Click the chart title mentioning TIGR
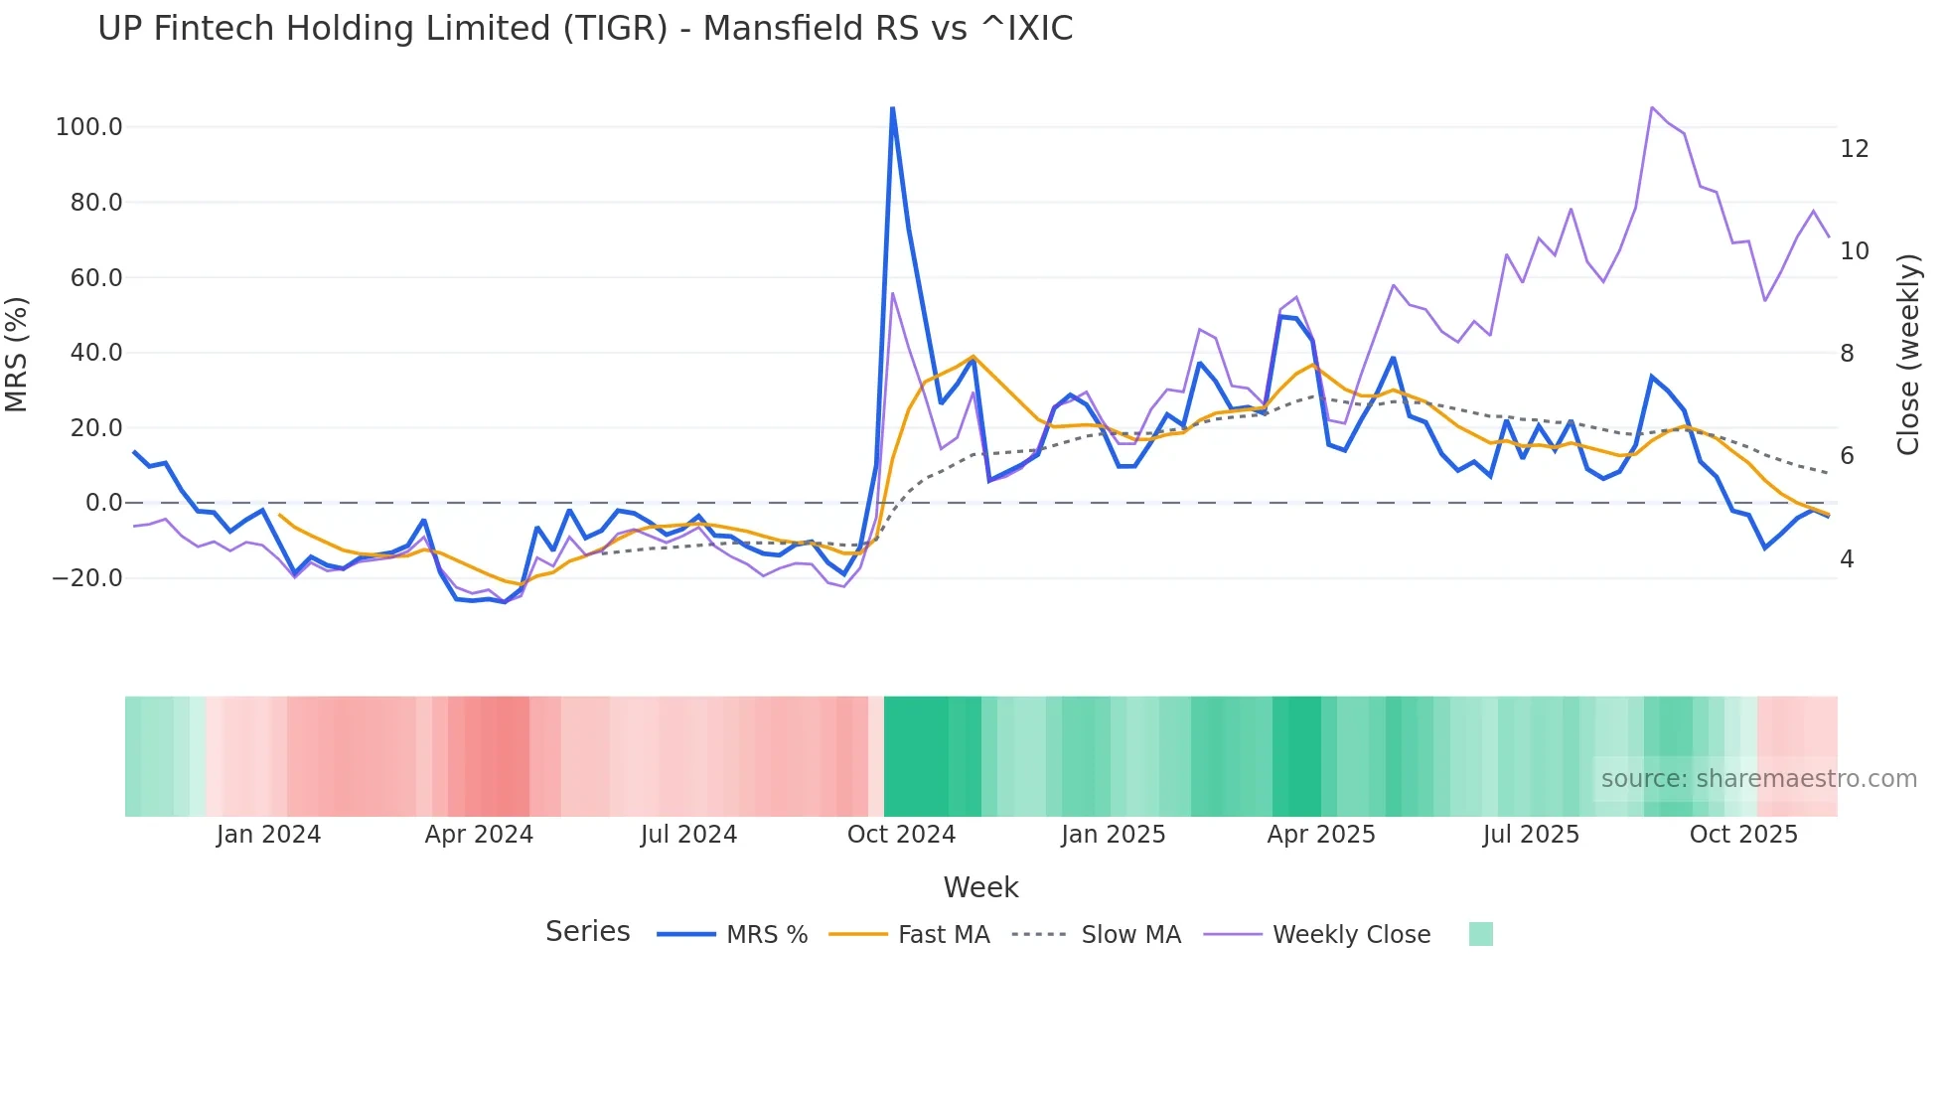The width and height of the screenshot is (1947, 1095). pyautogui.click(x=585, y=29)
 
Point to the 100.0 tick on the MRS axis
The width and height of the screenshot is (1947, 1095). pyautogui.click(x=89, y=127)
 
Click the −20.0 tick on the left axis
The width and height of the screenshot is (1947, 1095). pyautogui.click(x=87, y=578)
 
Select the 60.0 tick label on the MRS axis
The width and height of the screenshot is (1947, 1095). pyautogui.click(x=96, y=278)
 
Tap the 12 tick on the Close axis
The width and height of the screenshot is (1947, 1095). pyautogui.click(x=1854, y=149)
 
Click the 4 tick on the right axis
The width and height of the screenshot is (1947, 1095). pyautogui.click(x=1847, y=559)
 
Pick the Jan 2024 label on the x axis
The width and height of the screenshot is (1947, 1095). pyautogui.click(x=268, y=835)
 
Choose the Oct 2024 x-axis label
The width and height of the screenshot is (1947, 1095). pyautogui.click(x=901, y=835)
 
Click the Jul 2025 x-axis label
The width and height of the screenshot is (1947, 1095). pyautogui.click(x=1531, y=835)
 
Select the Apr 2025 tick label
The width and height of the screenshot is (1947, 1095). pyautogui.click(x=1321, y=835)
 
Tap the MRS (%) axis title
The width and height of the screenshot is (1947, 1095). pyautogui.click(x=17, y=355)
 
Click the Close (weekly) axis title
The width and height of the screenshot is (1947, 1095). pyautogui.click(x=1908, y=355)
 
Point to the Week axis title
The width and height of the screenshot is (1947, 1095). pyautogui.click(x=980, y=887)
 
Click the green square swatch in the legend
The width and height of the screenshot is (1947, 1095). pyautogui.click(x=1480, y=934)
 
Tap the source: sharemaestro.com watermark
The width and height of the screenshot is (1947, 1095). pyautogui.click(x=1758, y=779)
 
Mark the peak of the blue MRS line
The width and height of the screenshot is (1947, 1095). pyautogui.click(x=892, y=108)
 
